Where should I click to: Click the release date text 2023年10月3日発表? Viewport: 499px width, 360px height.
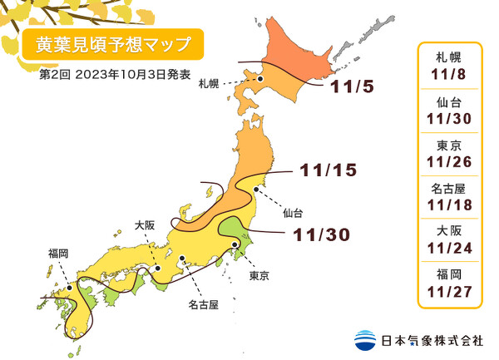coord(125,76)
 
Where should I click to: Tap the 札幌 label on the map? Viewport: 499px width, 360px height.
coord(209,83)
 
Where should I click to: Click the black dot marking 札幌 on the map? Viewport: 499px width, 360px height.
coord(260,79)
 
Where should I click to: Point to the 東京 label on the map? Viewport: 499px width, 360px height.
coord(259,274)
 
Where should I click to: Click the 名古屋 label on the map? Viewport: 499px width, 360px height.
coord(202,305)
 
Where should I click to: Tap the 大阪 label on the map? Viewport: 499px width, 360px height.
coord(144,224)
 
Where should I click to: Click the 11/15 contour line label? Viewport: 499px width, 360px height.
coord(328,170)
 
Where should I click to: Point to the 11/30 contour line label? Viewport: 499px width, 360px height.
coord(321,235)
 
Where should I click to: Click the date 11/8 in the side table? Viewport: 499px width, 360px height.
coord(449,73)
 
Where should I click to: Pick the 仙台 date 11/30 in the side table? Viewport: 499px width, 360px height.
coord(449,117)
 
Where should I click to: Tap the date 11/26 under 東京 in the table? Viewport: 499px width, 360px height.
coord(449,160)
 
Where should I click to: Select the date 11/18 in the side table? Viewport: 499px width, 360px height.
coord(449,205)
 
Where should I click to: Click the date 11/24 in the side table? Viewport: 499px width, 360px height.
coord(449,247)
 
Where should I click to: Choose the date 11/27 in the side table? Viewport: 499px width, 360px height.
coord(449,290)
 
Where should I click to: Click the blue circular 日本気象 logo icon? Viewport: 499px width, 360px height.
coord(364,340)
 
